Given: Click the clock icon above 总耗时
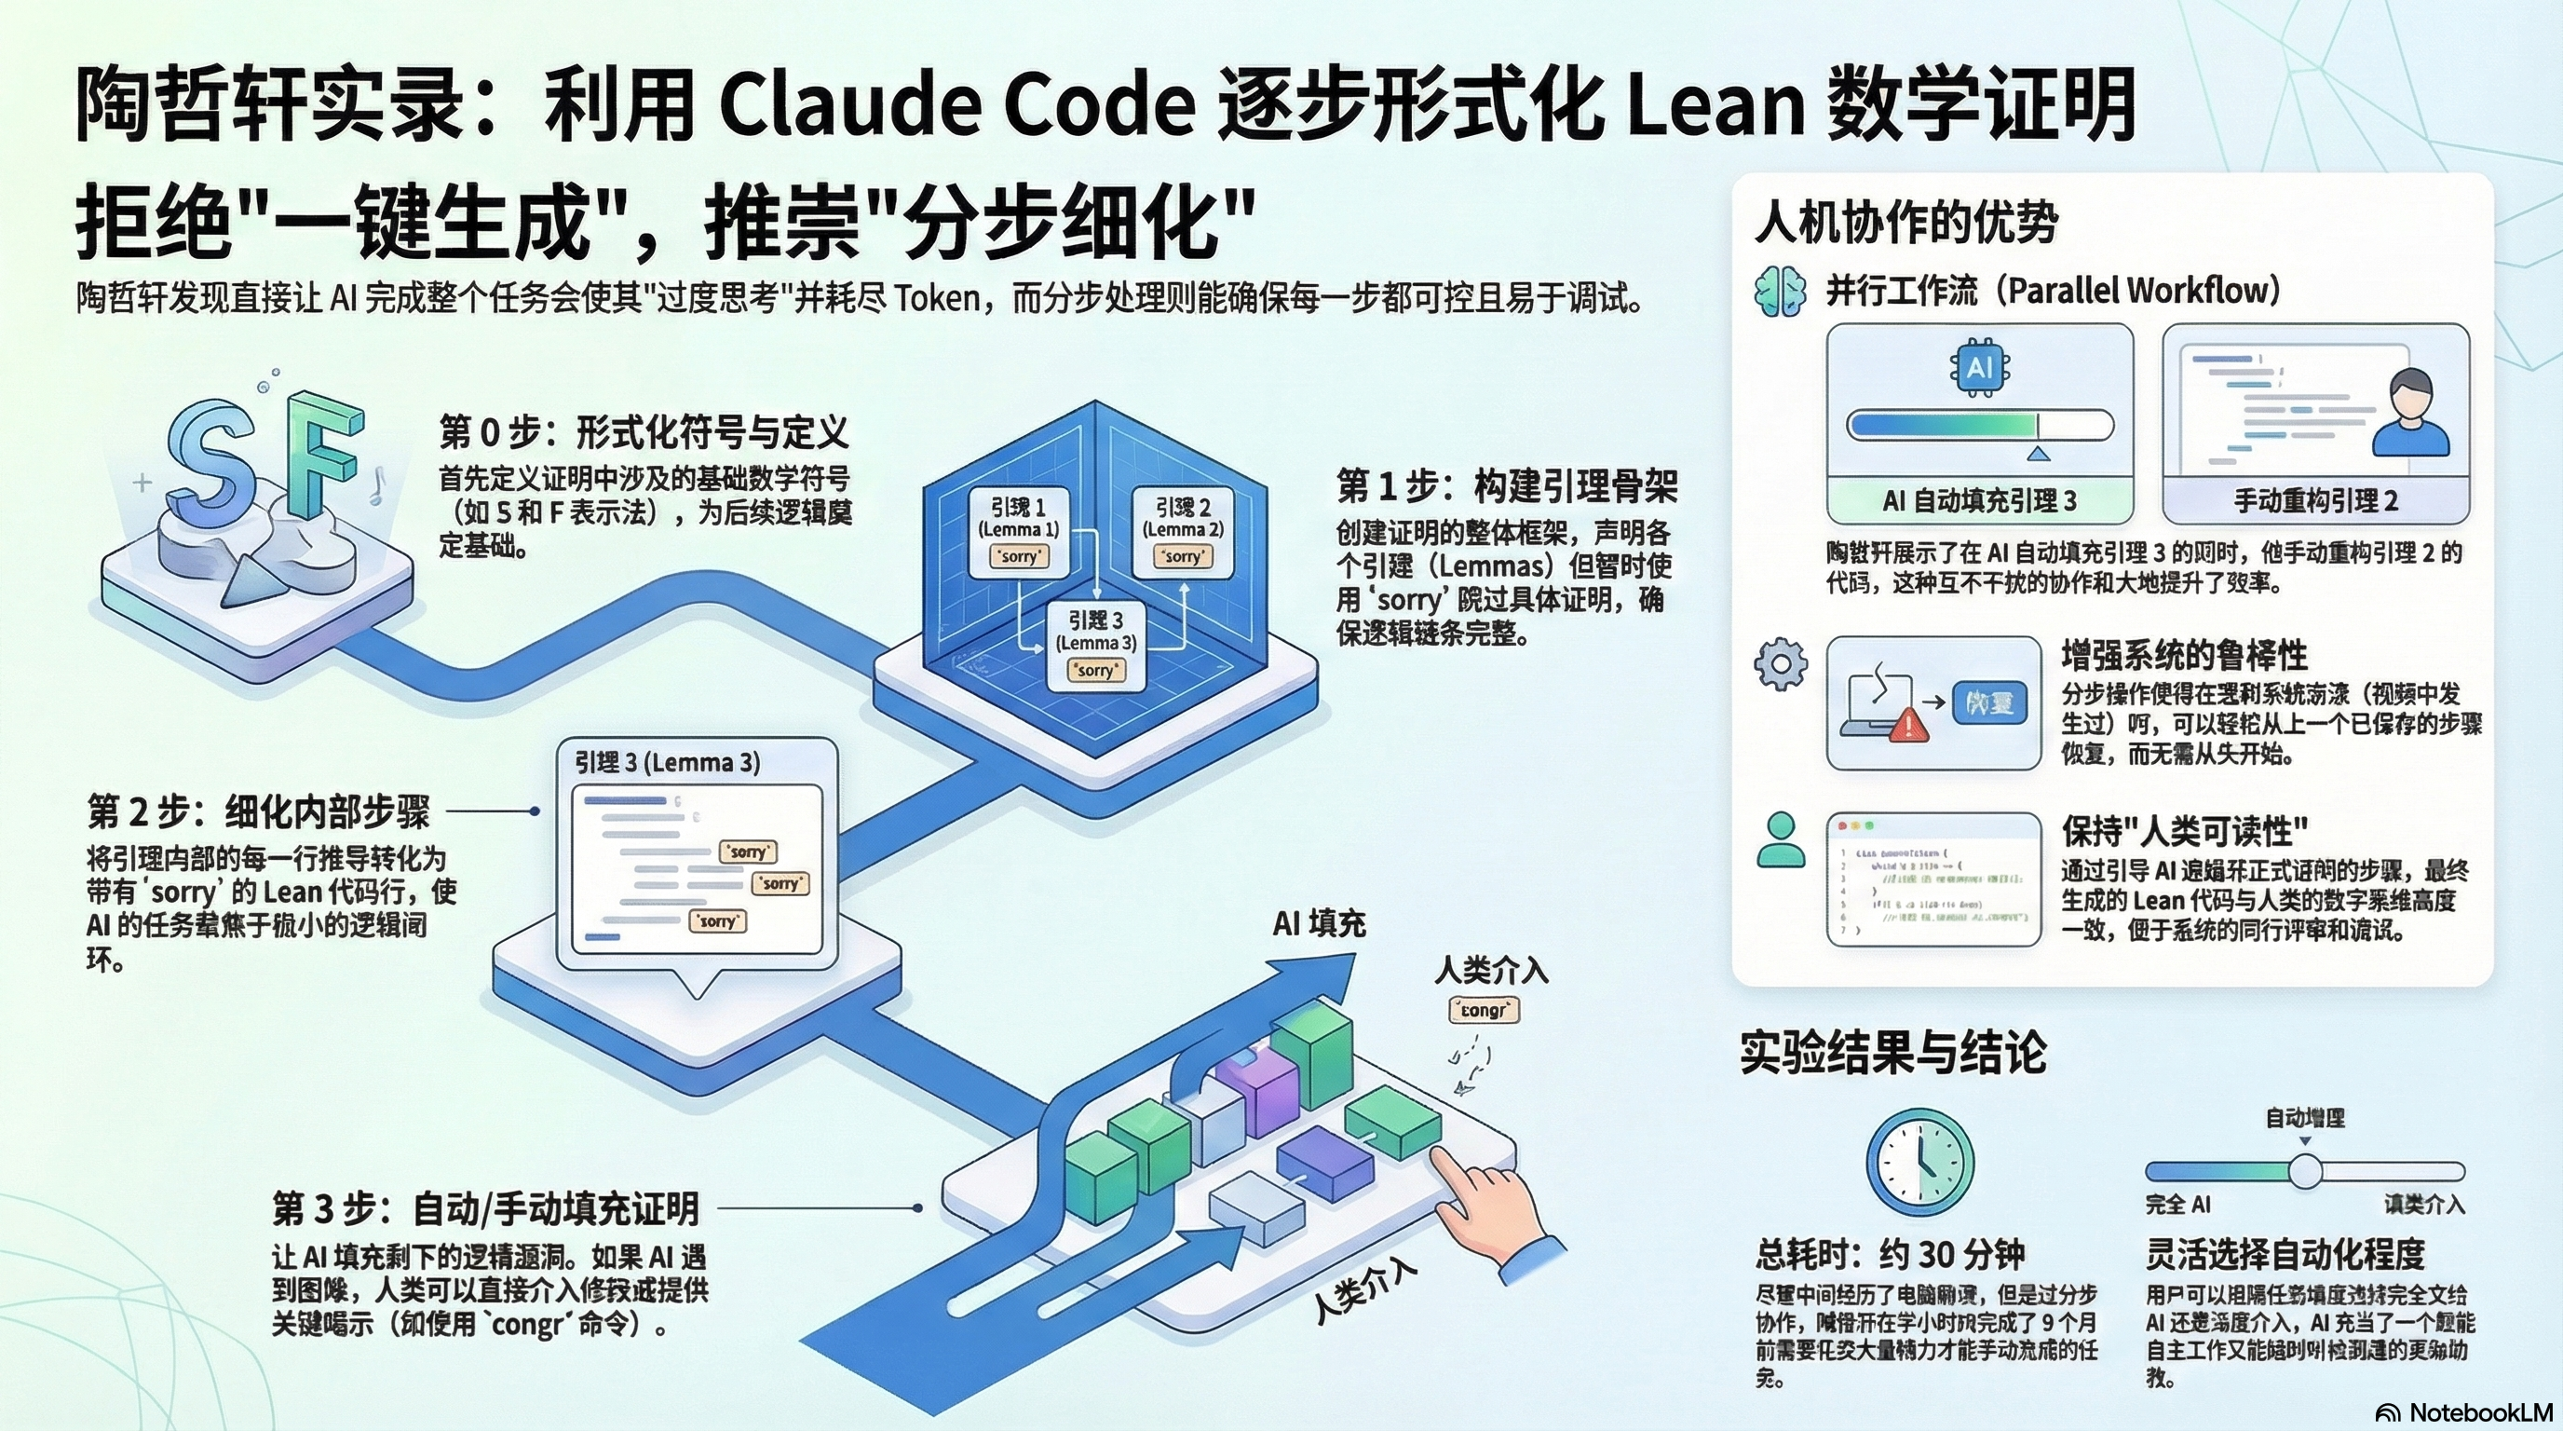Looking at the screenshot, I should pos(1919,1163).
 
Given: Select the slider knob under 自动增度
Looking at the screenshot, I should pos(2304,1171).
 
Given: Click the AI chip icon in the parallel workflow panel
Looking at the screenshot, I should pos(1979,368).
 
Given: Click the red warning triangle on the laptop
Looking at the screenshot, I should pos(1907,725).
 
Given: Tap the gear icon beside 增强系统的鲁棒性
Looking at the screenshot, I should pos(1780,663).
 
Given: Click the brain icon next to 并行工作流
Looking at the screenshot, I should pos(1780,292).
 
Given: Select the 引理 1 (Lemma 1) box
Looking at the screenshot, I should pos(1018,529).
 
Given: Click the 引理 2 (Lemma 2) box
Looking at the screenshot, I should pos(1182,529).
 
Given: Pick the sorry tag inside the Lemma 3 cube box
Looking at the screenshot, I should pos(1094,671).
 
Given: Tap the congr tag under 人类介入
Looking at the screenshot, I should pos(1484,1011).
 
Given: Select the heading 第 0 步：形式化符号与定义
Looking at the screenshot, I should pos(644,433).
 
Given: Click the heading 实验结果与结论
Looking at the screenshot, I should pos(1892,1053).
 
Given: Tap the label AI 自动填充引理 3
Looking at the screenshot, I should pos(1979,500).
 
